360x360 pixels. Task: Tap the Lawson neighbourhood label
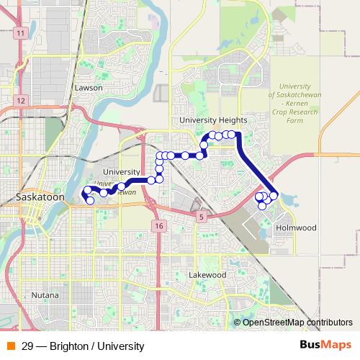[x=89, y=88]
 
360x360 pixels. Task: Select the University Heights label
[x=213, y=120]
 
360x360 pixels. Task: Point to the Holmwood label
[x=296, y=228]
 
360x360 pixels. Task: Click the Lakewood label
[x=207, y=275]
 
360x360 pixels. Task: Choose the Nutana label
[x=45, y=295]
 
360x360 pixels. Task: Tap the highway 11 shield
[x=21, y=34]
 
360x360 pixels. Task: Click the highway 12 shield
[x=22, y=100]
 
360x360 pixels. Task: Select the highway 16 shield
[x=158, y=226]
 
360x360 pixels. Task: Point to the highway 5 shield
[x=202, y=216]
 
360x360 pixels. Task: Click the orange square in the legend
[x=11, y=346]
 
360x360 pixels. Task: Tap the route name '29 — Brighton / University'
[x=83, y=346]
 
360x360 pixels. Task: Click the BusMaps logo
[x=325, y=345]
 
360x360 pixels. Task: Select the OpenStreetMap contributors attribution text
[x=297, y=323]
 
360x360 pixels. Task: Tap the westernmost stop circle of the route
[x=85, y=192]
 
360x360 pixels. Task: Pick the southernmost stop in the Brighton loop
[x=262, y=206]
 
